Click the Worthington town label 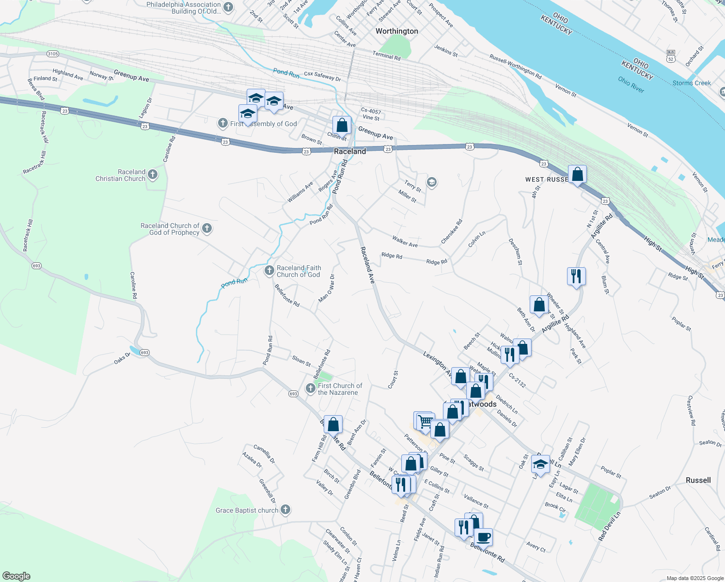point(396,31)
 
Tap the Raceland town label point(350,151)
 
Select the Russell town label point(698,480)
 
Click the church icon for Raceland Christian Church point(153,175)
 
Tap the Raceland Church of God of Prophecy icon point(207,229)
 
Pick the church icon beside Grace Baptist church point(285,510)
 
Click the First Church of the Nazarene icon point(311,388)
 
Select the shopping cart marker point(425,421)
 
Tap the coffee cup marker point(483,538)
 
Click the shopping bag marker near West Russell point(577,174)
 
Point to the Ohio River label point(631,83)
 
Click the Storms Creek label point(692,83)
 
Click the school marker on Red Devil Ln point(540,464)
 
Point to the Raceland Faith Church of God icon point(269,271)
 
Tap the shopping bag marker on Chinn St point(342,125)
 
